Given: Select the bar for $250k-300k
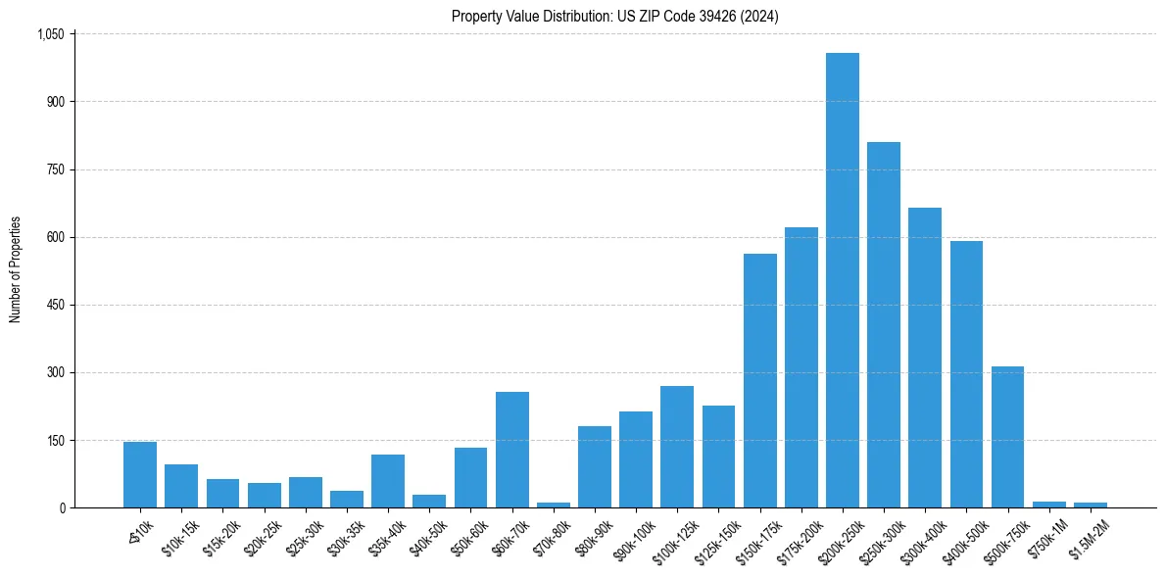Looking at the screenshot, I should coord(883,324).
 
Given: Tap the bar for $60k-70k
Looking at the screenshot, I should coord(511,450).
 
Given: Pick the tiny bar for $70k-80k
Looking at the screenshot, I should coord(553,505).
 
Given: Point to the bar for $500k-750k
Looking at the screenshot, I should coord(1007,437).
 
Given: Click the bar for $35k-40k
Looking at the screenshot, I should coord(388,481).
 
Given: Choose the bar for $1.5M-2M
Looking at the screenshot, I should coord(1090,505).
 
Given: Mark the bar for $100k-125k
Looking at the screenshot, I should coord(677,447).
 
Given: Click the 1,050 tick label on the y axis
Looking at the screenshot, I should coord(50,34).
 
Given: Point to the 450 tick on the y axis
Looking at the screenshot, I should coord(55,305).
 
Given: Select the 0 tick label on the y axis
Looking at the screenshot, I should coord(61,507).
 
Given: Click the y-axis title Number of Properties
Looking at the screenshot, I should coord(15,269).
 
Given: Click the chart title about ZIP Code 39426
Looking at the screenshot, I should coord(615,16).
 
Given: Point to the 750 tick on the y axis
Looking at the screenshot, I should coord(55,169).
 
